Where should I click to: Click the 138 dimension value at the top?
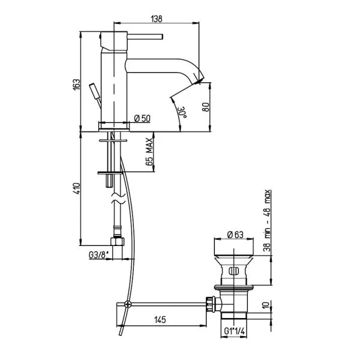click(157, 19)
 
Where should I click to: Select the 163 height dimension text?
click(77, 85)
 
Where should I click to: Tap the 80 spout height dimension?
click(206, 107)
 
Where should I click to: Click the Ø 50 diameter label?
click(142, 118)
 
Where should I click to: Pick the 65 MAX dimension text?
click(149, 152)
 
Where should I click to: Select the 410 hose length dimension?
click(77, 188)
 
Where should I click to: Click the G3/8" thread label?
click(98, 256)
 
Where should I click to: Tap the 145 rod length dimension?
click(160, 320)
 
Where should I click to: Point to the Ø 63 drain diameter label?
click(235, 235)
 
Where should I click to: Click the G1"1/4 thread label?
click(235, 331)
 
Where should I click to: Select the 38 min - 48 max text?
click(268, 220)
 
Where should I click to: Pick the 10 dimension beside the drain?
click(266, 305)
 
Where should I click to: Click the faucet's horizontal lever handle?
click(145, 37)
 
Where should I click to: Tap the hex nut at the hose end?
click(117, 241)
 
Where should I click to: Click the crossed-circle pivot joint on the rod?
click(128, 304)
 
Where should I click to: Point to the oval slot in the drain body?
click(233, 271)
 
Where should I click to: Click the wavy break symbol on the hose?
click(118, 199)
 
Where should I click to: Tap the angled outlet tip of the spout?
click(199, 77)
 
